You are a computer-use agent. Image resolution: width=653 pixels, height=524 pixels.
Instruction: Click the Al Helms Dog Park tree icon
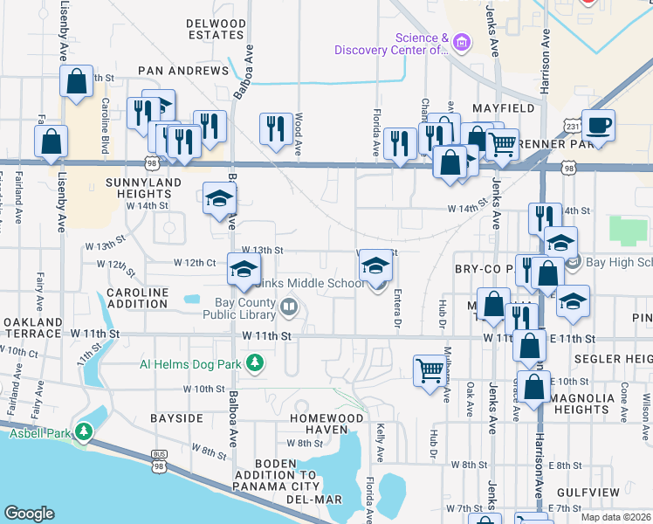pyautogui.click(x=254, y=362)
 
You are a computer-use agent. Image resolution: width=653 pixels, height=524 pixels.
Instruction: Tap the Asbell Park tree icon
pyautogui.click(x=84, y=431)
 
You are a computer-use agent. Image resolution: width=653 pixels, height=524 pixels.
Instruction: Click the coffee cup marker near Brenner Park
pyautogui.click(x=598, y=124)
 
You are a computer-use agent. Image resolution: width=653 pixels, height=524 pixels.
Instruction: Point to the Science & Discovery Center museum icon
pyautogui.click(x=463, y=41)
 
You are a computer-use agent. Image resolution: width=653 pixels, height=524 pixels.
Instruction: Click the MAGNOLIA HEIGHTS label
pyautogui.click(x=608, y=403)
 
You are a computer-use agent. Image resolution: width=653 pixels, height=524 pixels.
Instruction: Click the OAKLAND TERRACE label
pyautogui.click(x=31, y=328)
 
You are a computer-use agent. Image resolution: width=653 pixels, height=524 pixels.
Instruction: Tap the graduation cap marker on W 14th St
pyautogui.click(x=219, y=197)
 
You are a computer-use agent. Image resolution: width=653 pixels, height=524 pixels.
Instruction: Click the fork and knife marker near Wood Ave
pyautogui.click(x=276, y=128)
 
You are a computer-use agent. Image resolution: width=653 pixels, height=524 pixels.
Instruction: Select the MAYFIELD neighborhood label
pyautogui.click(x=504, y=108)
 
